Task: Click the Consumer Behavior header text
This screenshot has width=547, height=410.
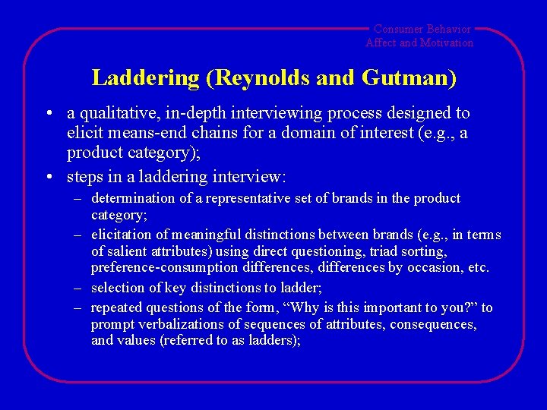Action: point(422,29)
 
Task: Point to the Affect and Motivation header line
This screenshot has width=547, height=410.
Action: point(419,43)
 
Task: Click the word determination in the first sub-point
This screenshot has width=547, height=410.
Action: point(133,198)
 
